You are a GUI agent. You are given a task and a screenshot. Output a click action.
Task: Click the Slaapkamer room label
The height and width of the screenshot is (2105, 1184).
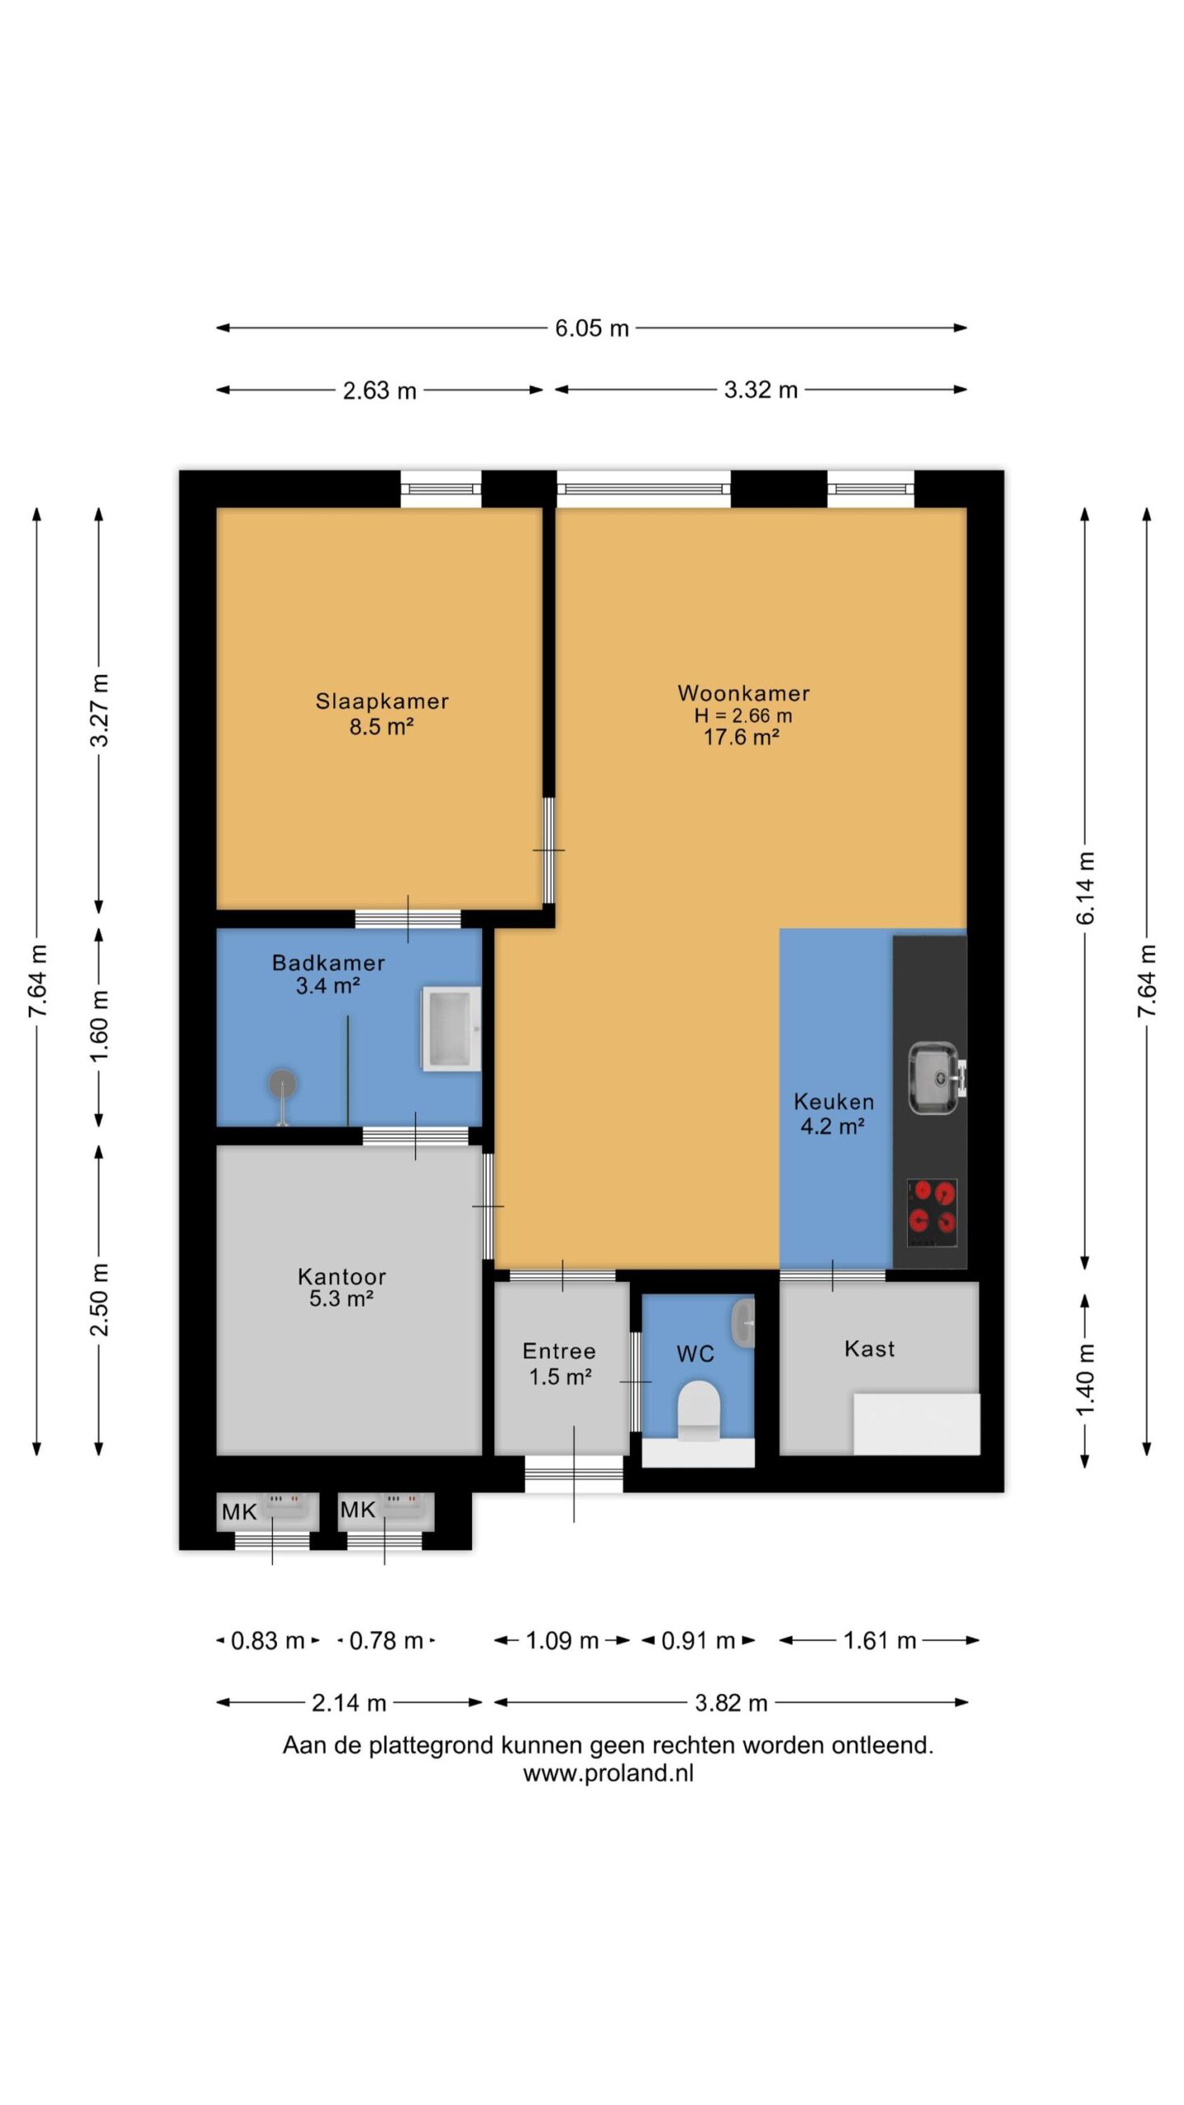click(x=382, y=701)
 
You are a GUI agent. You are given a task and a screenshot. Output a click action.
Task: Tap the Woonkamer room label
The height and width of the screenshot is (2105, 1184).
click(x=743, y=693)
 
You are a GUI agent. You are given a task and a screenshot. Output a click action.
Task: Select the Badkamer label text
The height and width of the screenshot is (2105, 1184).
click(x=328, y=963)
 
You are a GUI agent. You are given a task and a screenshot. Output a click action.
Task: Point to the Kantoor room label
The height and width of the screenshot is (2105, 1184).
click(x=341, y=1277)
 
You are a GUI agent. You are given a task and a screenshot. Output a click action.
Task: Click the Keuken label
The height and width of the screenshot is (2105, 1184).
click(x=834, y=1102)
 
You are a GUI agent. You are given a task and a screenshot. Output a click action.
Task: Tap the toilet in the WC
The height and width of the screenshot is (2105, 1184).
click(x=698, y=1410)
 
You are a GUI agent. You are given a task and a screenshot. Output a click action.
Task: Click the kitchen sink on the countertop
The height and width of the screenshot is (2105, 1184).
click(x=935, y=1078)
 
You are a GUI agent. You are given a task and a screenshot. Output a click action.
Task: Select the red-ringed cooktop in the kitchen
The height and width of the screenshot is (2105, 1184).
click(x=932, y=1213)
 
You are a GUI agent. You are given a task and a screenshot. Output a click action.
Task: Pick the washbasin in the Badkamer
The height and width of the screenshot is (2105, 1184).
click(x=451, y=1029)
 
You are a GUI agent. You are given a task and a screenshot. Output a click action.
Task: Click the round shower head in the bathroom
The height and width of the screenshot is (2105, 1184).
click(x=283, y=1084)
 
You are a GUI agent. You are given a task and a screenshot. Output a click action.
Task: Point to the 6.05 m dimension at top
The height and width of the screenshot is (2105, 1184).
click(x=591, y=328)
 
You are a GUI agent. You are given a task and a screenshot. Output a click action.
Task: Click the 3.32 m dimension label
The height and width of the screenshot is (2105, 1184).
click(x=761, y=390)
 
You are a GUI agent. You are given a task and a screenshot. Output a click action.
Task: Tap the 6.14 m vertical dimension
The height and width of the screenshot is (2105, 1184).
click(x=1085, y=888)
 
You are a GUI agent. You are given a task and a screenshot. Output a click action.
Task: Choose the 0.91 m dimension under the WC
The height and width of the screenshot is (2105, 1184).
click(x=698, y=1640)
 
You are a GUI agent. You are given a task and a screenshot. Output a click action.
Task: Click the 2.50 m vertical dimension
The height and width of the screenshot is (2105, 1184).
click(x=99, y=1299)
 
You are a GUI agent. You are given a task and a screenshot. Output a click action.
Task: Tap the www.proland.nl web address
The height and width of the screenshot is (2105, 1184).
click(x=608, y=1773)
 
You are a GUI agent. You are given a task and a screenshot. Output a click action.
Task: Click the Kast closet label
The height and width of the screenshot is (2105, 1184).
click(x=869, y=1349)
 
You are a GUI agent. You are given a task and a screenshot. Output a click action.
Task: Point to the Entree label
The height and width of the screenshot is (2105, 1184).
click(x=559, y=1351)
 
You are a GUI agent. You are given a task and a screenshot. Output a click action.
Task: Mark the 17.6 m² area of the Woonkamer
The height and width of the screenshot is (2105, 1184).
click(x=742, y=737)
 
